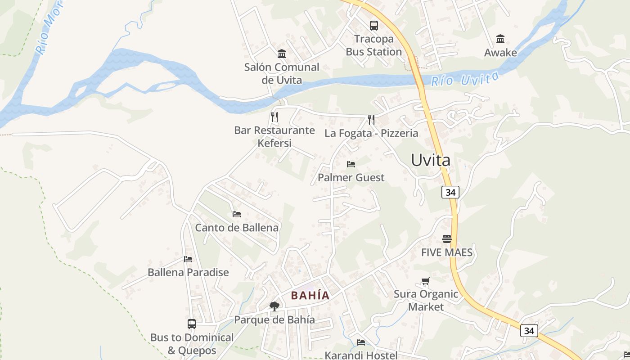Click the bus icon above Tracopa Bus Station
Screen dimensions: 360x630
tap(374, 25)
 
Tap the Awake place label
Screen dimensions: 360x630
tap(500, 53)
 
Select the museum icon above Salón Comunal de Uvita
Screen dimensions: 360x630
tap(282, 54)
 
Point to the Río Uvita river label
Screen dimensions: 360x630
tap(465, 79)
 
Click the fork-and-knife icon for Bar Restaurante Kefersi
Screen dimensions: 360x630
tap(274, 117)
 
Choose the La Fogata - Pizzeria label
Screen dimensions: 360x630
tap(371, 133)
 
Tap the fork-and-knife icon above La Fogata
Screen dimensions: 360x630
tap(371, 119)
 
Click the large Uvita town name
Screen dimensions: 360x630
tap(431, 160)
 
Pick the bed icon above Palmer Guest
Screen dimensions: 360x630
tap(351, 164)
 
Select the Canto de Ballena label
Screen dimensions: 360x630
tap(237, 228)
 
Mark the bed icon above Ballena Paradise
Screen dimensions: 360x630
tap(188, 259)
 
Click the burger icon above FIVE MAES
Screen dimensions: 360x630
tap(447, 239)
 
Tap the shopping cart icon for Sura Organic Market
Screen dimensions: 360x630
tap(425, 281)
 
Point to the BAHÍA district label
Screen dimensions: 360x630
tap(310, 296)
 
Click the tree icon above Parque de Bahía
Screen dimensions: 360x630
tap(274, 306)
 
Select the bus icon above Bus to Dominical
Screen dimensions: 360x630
tap(192, 324)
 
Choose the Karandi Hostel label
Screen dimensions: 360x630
tap(361, 355)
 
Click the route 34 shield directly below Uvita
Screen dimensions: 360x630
tap(450, 192)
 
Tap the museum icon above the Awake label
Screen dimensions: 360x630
tap(500, 39)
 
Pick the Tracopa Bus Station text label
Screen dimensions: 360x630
tap(374, 45)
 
